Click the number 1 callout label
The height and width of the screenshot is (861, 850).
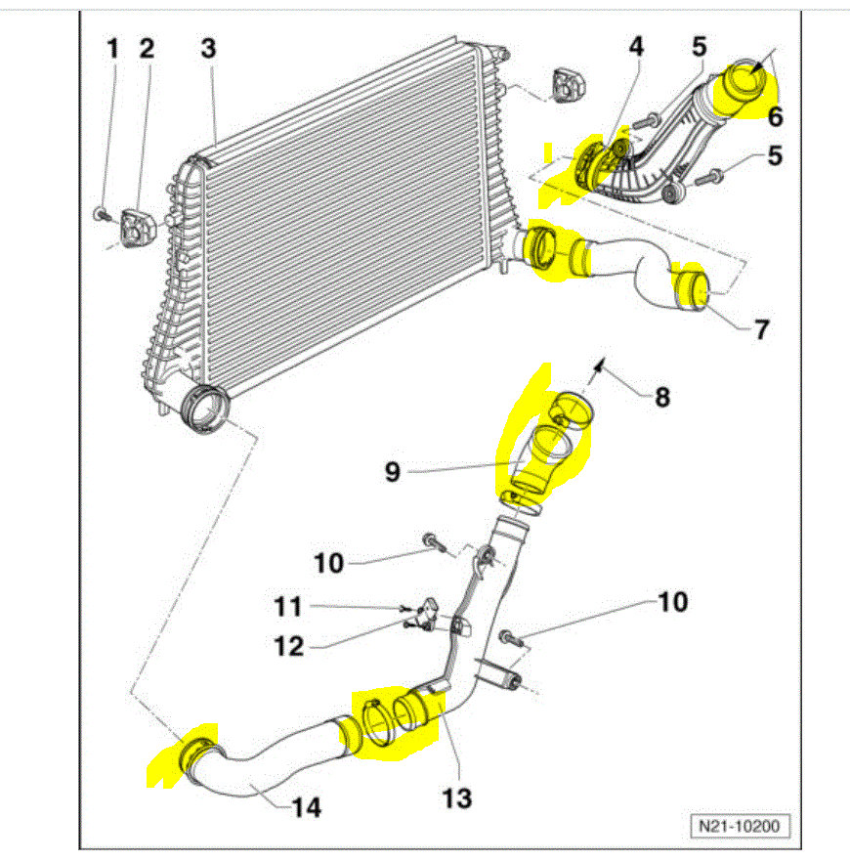tap(112, 49)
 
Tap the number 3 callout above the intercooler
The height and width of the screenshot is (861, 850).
tap(208, 49)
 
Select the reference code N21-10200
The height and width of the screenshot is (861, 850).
tap(739, 827)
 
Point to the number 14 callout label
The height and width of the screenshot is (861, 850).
tap(304, 807)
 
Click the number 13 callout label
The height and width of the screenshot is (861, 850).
tap(456, 798)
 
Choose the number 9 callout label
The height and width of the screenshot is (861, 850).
tap(392, 472)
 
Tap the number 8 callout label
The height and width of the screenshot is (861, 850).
tap(662, 398)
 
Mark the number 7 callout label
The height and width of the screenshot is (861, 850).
tap(760, 328)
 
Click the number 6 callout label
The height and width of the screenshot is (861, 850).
tap(775, 117)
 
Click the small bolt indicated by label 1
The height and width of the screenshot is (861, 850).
tap(100, 212)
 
